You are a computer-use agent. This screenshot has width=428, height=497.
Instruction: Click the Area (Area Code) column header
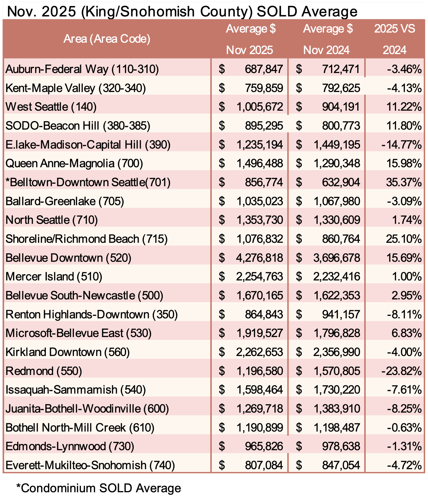coord(107,39)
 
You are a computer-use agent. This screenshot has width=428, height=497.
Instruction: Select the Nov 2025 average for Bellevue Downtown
coord(259,258)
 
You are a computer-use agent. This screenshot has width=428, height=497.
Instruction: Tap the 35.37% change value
coord(404,182)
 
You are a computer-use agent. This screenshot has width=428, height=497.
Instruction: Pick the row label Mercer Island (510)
coord(54,277)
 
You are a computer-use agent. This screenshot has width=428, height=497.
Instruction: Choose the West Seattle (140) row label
coord(51,107)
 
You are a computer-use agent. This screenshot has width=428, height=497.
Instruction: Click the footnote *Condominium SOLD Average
coord(99,488)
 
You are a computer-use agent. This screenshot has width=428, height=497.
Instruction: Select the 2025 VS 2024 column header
coord(394,39)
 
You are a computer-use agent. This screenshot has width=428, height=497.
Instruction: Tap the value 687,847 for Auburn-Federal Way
coord(264,69)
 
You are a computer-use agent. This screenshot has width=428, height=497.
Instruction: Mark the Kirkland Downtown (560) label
coord(68,352)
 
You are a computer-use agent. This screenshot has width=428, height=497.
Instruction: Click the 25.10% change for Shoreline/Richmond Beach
coord(404,239)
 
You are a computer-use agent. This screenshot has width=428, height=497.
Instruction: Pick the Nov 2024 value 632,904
coord(341,182)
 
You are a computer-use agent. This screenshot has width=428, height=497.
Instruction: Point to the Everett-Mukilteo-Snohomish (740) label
coord(90,465)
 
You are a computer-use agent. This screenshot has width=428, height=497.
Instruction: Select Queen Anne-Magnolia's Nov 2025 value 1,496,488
coord(260,163)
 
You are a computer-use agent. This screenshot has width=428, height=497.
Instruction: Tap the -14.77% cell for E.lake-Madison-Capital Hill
coord(401,144)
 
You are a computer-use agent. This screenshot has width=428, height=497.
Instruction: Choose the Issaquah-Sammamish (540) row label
coord(76,390)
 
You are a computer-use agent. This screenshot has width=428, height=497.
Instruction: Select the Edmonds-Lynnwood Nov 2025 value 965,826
coord(264,446)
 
